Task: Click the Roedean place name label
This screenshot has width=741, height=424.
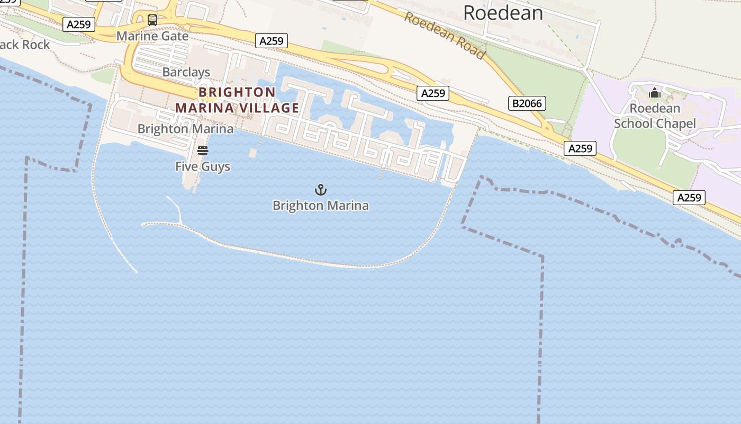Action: click(x=503, y=12)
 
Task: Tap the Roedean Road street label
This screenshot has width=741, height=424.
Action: click(x=445, y=36)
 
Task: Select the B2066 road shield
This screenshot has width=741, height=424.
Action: click(x=527, y=103)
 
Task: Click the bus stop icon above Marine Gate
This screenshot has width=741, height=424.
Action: click(x=152, y=20)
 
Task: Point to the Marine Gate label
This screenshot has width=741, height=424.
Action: click(x=152, y=36)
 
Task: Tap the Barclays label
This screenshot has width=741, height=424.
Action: click(x=186, y=72)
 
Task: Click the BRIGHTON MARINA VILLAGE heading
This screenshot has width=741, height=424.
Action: click(x=237, y=100)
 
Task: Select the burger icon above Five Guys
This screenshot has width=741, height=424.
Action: click(x=203, y=151)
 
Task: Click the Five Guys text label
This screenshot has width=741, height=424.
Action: click(x=203, y=166)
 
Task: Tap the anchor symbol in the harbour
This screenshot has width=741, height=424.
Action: click(x=320, y=190)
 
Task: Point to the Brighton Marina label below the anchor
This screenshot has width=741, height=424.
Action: click(x=320, y=206)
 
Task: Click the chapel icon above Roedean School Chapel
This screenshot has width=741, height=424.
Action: click(x=655, y=93)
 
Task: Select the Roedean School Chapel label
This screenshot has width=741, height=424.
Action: click(x=655, y=116)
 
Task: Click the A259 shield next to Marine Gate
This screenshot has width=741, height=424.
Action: click(x=79, y=24)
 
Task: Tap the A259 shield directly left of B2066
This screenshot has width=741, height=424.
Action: click(x=433, y=93)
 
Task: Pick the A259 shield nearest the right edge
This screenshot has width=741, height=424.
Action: click(x=689, y=198)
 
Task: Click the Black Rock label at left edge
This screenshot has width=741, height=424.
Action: click(x=24, y=45)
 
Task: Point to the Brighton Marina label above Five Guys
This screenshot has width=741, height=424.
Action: click(x=185, y=129)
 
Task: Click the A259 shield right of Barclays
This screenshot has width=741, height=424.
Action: click(x=272, y=41)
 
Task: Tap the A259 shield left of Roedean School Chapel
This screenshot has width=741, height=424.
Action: click(x=580, y=148)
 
